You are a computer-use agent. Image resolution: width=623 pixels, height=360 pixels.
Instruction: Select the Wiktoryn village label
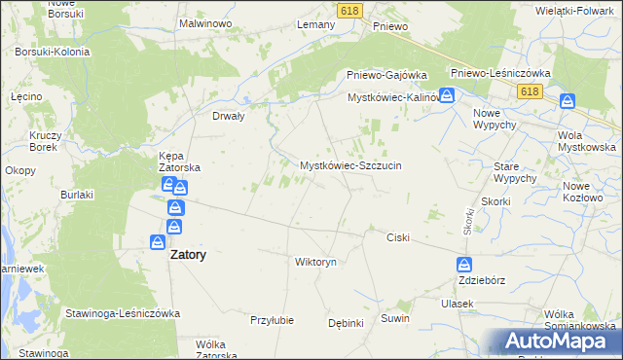point(315,262)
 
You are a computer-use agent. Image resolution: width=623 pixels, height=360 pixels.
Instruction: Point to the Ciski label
point(398,237)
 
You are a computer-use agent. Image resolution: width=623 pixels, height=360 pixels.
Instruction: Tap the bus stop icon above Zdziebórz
point(465,264)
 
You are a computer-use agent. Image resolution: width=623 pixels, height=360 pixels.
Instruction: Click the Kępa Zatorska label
point(180,161)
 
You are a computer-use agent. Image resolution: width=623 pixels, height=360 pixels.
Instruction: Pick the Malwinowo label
point(203,21)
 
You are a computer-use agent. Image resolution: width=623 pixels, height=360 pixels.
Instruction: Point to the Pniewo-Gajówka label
point(387,75)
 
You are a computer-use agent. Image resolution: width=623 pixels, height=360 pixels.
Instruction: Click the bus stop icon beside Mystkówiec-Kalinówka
point(446,95)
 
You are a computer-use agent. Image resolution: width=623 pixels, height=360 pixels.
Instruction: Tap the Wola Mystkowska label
point(587,140)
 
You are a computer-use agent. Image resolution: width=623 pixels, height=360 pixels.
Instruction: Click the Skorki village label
point(495,201)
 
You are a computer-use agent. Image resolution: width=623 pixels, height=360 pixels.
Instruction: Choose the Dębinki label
point(346,323)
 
